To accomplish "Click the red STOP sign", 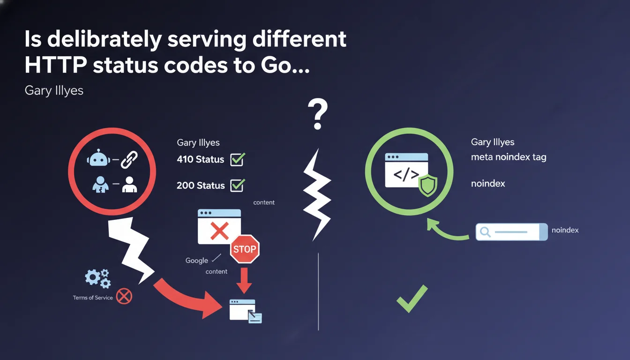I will pos(245,249).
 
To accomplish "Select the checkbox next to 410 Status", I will pos(237,159).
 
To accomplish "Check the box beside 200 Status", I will pos(237,185).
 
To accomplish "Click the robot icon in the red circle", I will pos(98,159).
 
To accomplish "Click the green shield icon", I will pos(427,186).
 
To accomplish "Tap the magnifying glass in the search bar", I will pos(486,232).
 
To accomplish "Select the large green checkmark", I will pos(412,298).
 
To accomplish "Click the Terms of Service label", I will pos(93,298).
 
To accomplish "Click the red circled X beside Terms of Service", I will pos(124,296).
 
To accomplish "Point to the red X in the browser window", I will pos(219,231).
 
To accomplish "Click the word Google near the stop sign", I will pos(196,261).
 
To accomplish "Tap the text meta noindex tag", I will pos(509,157).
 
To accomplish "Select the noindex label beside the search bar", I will pos(565,230).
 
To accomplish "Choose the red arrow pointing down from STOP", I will pos(244,280).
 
